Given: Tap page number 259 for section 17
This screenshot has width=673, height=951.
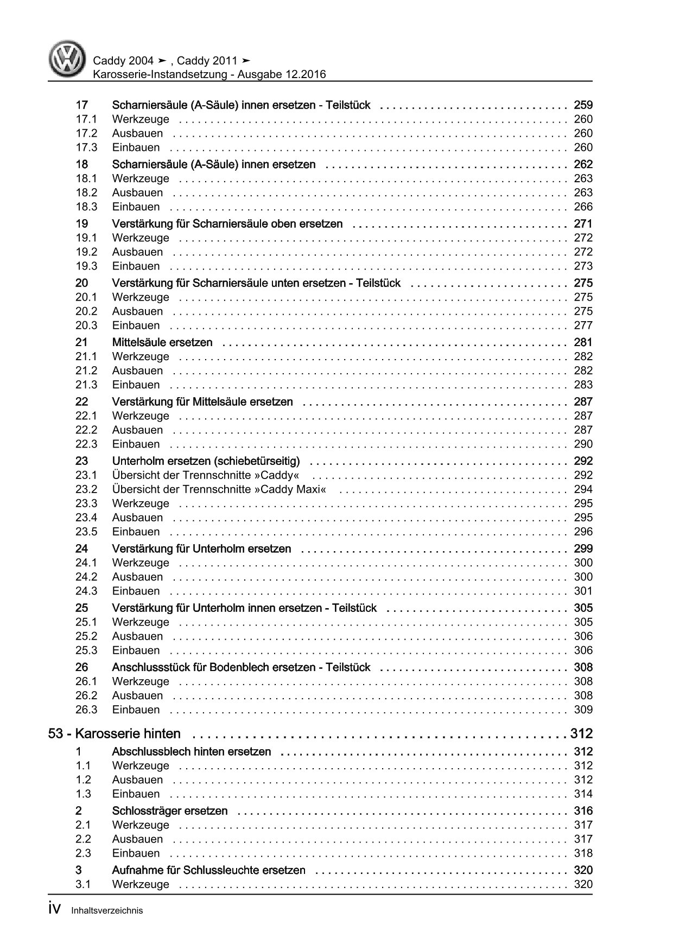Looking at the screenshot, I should pyautogui.click(x=583, y=105).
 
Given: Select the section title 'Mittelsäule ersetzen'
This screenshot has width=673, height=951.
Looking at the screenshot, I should pyautogui.click(x=162, y=342).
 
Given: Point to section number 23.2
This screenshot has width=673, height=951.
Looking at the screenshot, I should pyautogui.click(x=86, y=489).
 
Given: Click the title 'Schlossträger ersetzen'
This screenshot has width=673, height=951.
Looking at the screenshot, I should pyautogui.click(x=170, y=810).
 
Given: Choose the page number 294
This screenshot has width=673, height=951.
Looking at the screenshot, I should pyautogui.click(x=583, y=489).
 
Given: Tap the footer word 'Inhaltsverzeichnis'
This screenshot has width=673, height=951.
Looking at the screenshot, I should pyautogui.click(x=107, y=911).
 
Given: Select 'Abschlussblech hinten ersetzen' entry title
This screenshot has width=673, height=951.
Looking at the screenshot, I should pyautogui.click(x=192, y=751).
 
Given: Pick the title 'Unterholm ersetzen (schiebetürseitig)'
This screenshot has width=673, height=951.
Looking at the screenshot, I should pyautogui.click(x=206, y=461).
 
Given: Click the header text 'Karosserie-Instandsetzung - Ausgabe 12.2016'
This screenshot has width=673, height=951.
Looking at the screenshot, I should pyautogui.click(x=209, y=74).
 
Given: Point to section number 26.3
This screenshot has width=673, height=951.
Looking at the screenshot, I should pyautogui.click(x=86, y=710).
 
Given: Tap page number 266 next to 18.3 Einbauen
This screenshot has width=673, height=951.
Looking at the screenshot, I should pyautogui.click(x=583, y=207).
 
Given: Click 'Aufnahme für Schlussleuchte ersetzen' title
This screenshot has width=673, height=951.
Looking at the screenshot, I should pyautogui.click(x=208, y=870).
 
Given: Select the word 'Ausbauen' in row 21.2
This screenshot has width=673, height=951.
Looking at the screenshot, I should pyautogui.click(x=137, y=371).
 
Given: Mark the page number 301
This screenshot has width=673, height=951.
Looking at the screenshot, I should pyautogui.click(x=583, y=591).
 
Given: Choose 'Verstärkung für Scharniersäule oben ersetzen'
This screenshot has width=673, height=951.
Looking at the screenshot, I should pyautogui.click(x=227, y=224).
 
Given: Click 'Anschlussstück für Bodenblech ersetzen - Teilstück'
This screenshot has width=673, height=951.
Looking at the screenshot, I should pyautogui.click(x=241, y=667).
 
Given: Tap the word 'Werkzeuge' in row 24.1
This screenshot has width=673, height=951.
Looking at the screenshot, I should pyautogui.click(x=141, y=563).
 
